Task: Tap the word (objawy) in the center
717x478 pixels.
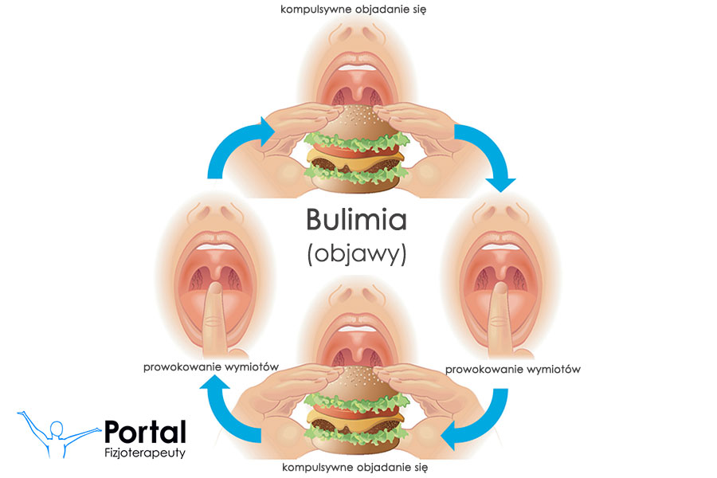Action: point(356,254)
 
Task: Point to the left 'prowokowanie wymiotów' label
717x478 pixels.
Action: point(210,367)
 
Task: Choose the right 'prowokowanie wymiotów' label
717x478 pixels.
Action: point(513,369)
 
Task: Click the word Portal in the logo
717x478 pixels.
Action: point(145,432)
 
